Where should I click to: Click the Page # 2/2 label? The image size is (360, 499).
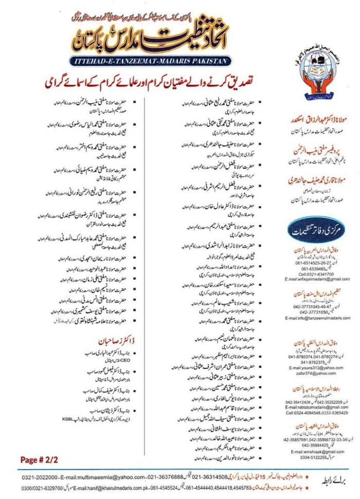pyautogui.click(x=35, y=459)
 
